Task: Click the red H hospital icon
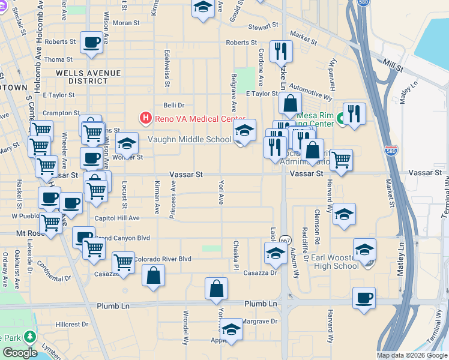(x=145, y=118)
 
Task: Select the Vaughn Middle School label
(x=190, y=140)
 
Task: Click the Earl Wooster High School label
(x=335, y=262)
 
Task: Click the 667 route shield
(x=285, y=239)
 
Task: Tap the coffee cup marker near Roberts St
(x=91, y=43)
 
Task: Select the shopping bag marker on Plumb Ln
(x=216, y=289)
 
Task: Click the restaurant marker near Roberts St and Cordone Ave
(x=281, y=52)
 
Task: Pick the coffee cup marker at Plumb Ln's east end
(x=364, y=298)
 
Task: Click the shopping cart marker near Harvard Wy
(x=341, y=160)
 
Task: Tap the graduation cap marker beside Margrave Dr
(x=231, y=329)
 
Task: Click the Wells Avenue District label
(x=88, y=77)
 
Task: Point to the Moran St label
(x=126, y=23)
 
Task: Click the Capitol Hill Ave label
(x=117, y=218)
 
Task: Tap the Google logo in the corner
(x=19, y=353)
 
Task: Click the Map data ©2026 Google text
(x=412, y=355)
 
